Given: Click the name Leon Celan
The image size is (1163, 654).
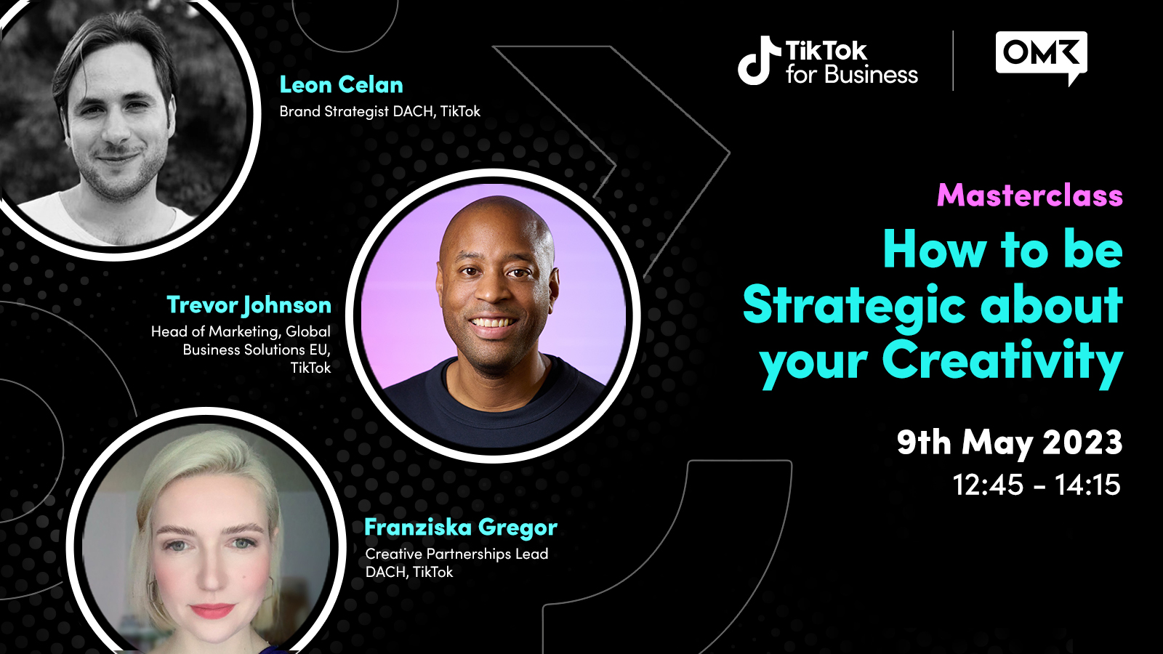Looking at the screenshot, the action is coord(341,85).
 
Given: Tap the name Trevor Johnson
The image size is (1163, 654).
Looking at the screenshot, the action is coord(249,305).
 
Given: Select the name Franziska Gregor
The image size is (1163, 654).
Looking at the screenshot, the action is coord(461,528).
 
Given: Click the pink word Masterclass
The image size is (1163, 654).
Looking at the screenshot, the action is coord(1030,195).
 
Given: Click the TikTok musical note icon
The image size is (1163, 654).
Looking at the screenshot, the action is coord(759,60).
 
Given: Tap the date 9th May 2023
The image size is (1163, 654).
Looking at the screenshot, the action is coord(1010,443).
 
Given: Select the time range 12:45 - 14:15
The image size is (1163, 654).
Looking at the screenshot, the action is coord(1037,485).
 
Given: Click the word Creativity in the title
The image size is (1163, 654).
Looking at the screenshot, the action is coord(1002,360).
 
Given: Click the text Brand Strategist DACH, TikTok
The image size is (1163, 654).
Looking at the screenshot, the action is coord(379,112).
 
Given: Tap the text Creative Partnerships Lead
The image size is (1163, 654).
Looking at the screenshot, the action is coord(456,554).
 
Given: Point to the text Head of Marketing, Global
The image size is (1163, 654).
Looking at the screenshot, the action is coord(241,331).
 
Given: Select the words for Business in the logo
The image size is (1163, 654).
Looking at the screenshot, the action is coord(851,75).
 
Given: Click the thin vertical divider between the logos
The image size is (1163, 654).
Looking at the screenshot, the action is coord(953,61).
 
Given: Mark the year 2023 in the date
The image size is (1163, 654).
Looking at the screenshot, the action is coord(1082,443).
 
